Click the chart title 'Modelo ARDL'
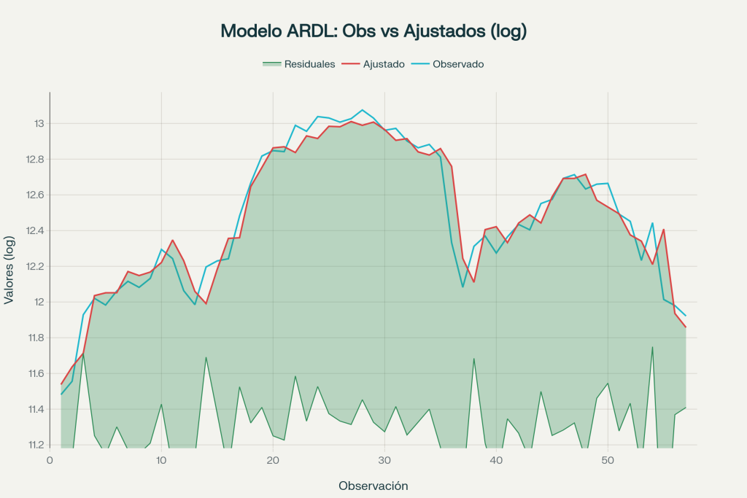(373, 31)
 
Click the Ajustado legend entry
(384, 64)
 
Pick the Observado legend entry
(458, 64)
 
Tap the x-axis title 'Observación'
(373, 486)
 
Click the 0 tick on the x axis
(50, 460)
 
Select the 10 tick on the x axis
(161, 460)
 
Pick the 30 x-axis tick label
(384, 460)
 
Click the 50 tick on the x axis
(608, 460)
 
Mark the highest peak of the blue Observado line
(363, 110)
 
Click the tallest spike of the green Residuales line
(652, 347)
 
